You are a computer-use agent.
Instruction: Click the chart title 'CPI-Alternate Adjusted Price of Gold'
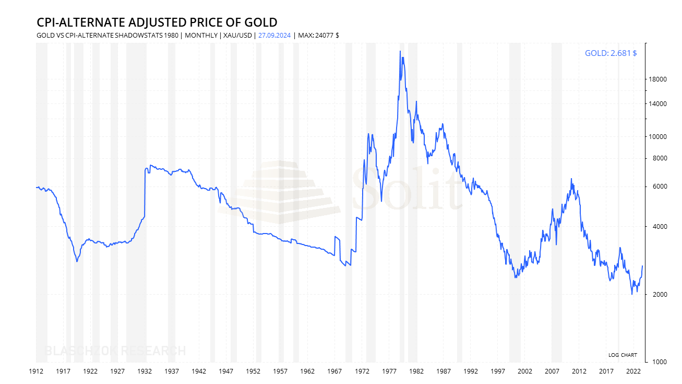click(157, 22)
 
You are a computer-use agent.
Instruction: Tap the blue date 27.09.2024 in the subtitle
click(274, 36)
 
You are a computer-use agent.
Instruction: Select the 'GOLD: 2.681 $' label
click(611, 53)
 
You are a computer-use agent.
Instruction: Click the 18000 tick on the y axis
click(658, 79)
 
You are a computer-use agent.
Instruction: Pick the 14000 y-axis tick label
click(658, 104)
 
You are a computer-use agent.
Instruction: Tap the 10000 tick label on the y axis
click(658, 137)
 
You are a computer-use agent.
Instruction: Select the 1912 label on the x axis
click(36, 371)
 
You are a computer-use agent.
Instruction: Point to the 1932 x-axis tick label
click(145, 371)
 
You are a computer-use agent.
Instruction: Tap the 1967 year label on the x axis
click(335, 371)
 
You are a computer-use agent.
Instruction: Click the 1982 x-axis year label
click(416, 371)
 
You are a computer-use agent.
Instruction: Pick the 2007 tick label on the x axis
click(552, 371)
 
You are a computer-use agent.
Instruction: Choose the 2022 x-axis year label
click(633, 371)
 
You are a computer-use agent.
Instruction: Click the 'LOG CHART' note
click(623, 355)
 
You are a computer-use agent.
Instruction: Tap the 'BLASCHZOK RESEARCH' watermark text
click(115, 351)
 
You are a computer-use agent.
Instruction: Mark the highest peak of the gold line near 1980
click(400, 51)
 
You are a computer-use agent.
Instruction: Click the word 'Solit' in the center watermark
click(407, 189)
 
